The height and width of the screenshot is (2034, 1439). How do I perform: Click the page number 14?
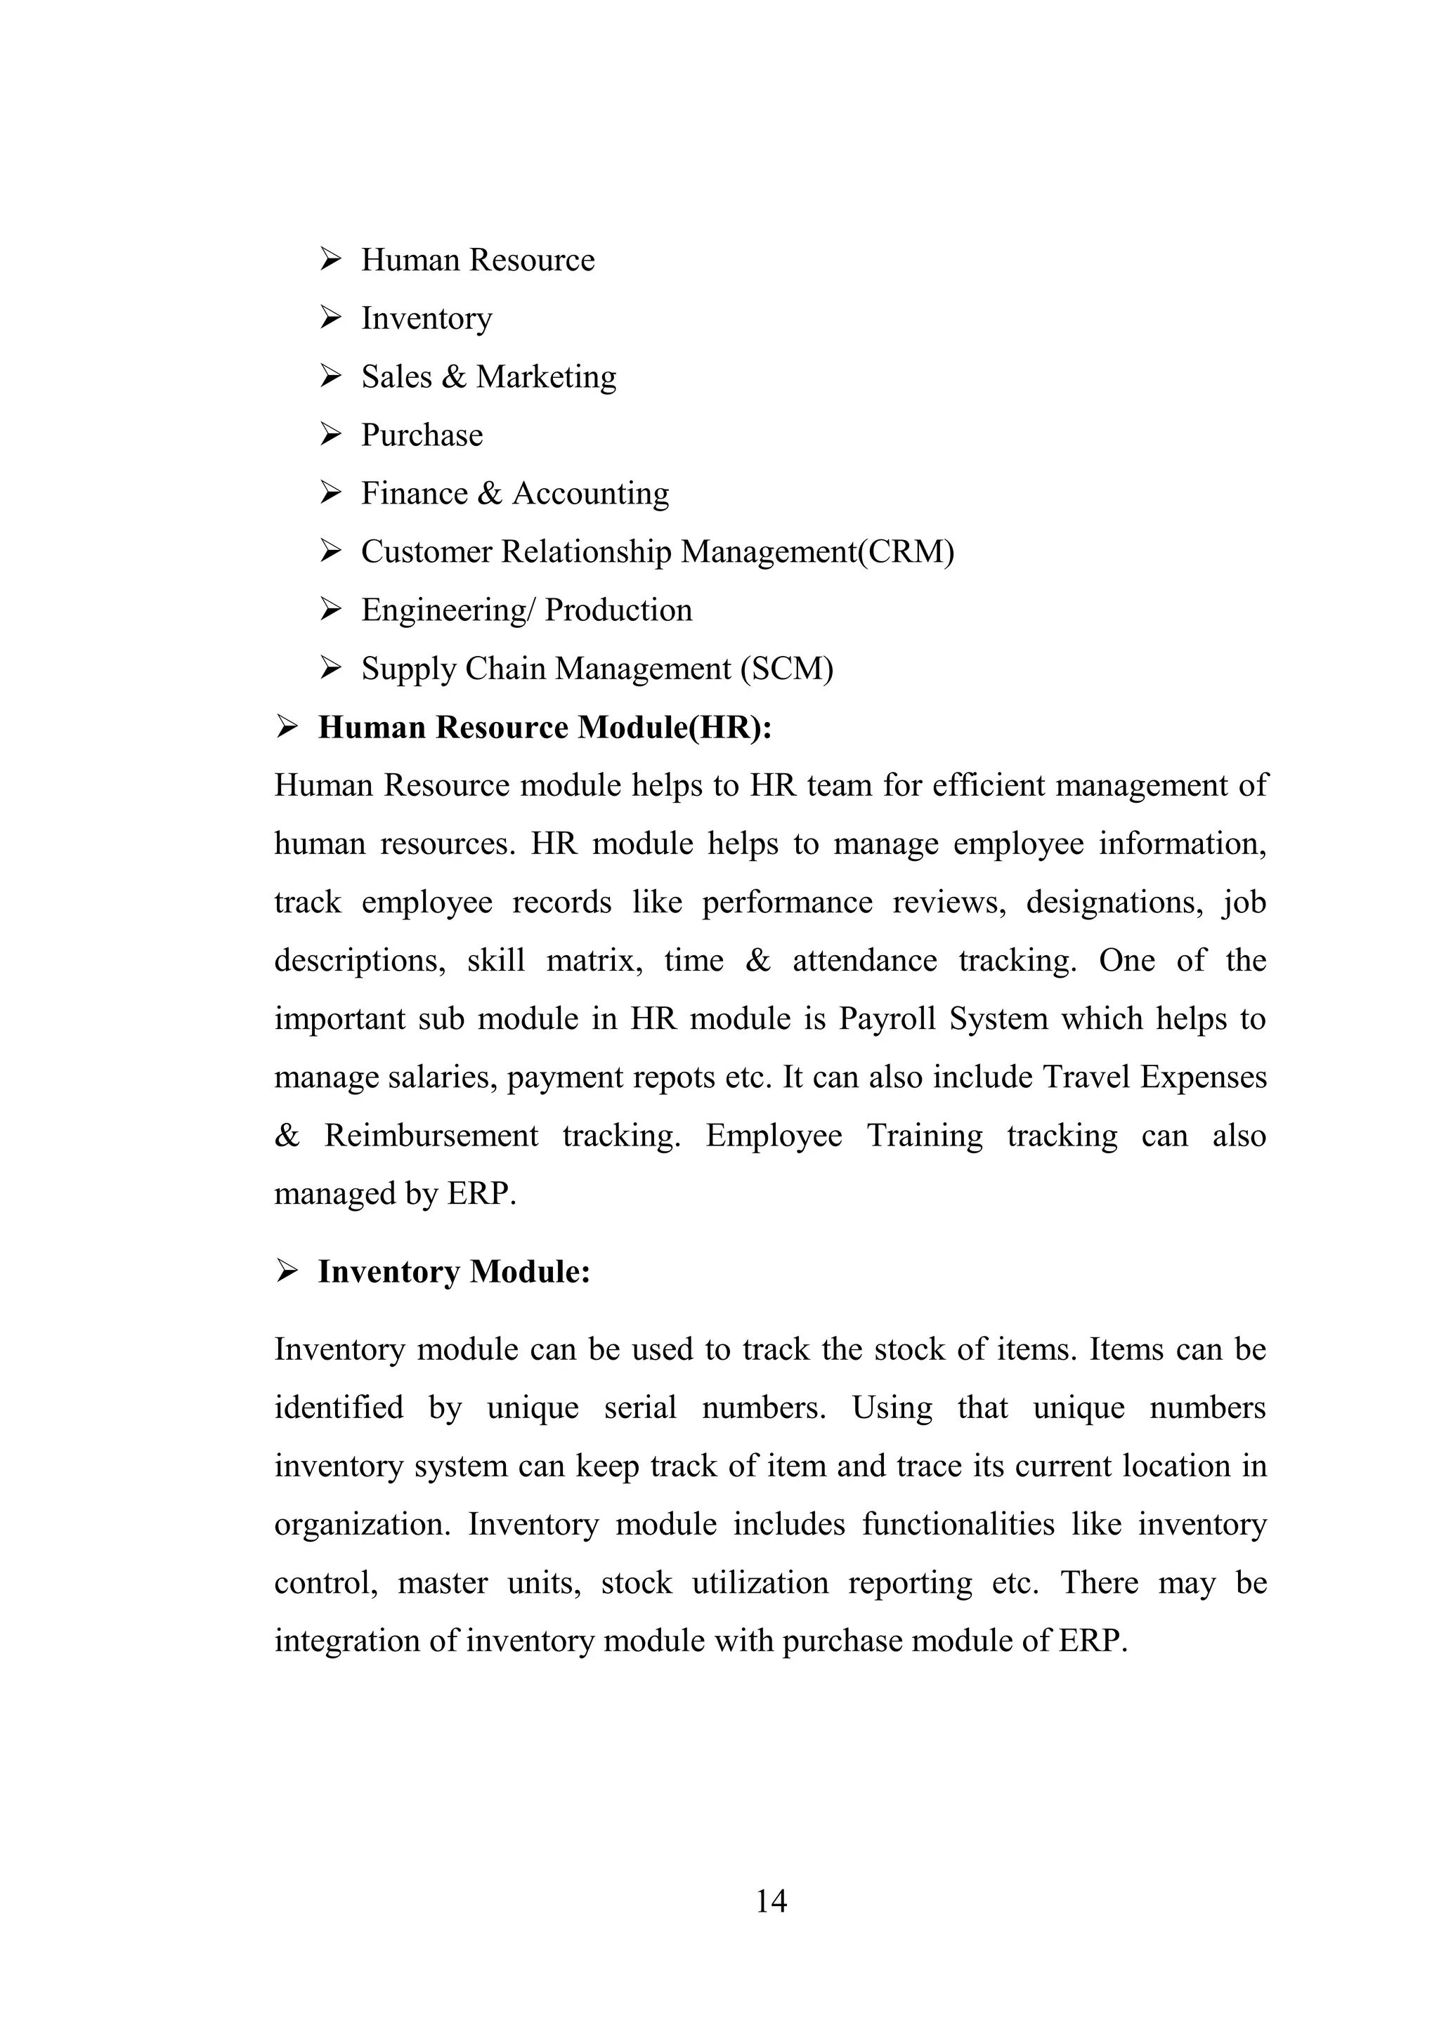click(771, 1901)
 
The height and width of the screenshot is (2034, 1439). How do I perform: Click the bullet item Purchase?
click(422, 435)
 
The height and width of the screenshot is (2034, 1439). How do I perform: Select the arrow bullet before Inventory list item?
click(330, 317)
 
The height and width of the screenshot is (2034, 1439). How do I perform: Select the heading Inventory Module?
click(454, 1271)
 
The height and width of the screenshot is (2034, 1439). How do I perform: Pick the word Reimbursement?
click(431, 1136)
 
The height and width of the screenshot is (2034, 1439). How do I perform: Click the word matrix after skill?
click(594, 960)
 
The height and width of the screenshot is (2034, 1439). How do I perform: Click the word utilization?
click(760, 1583)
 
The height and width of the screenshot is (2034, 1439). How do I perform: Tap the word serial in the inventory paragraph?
click(640, 1408)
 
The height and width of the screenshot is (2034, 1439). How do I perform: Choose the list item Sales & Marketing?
click(488, 376)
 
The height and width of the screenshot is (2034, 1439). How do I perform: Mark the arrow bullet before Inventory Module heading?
click(286, 1271)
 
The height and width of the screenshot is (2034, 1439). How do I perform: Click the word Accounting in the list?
click(590, 494)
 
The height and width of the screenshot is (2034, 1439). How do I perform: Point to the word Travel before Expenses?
click(1086, 1077)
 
